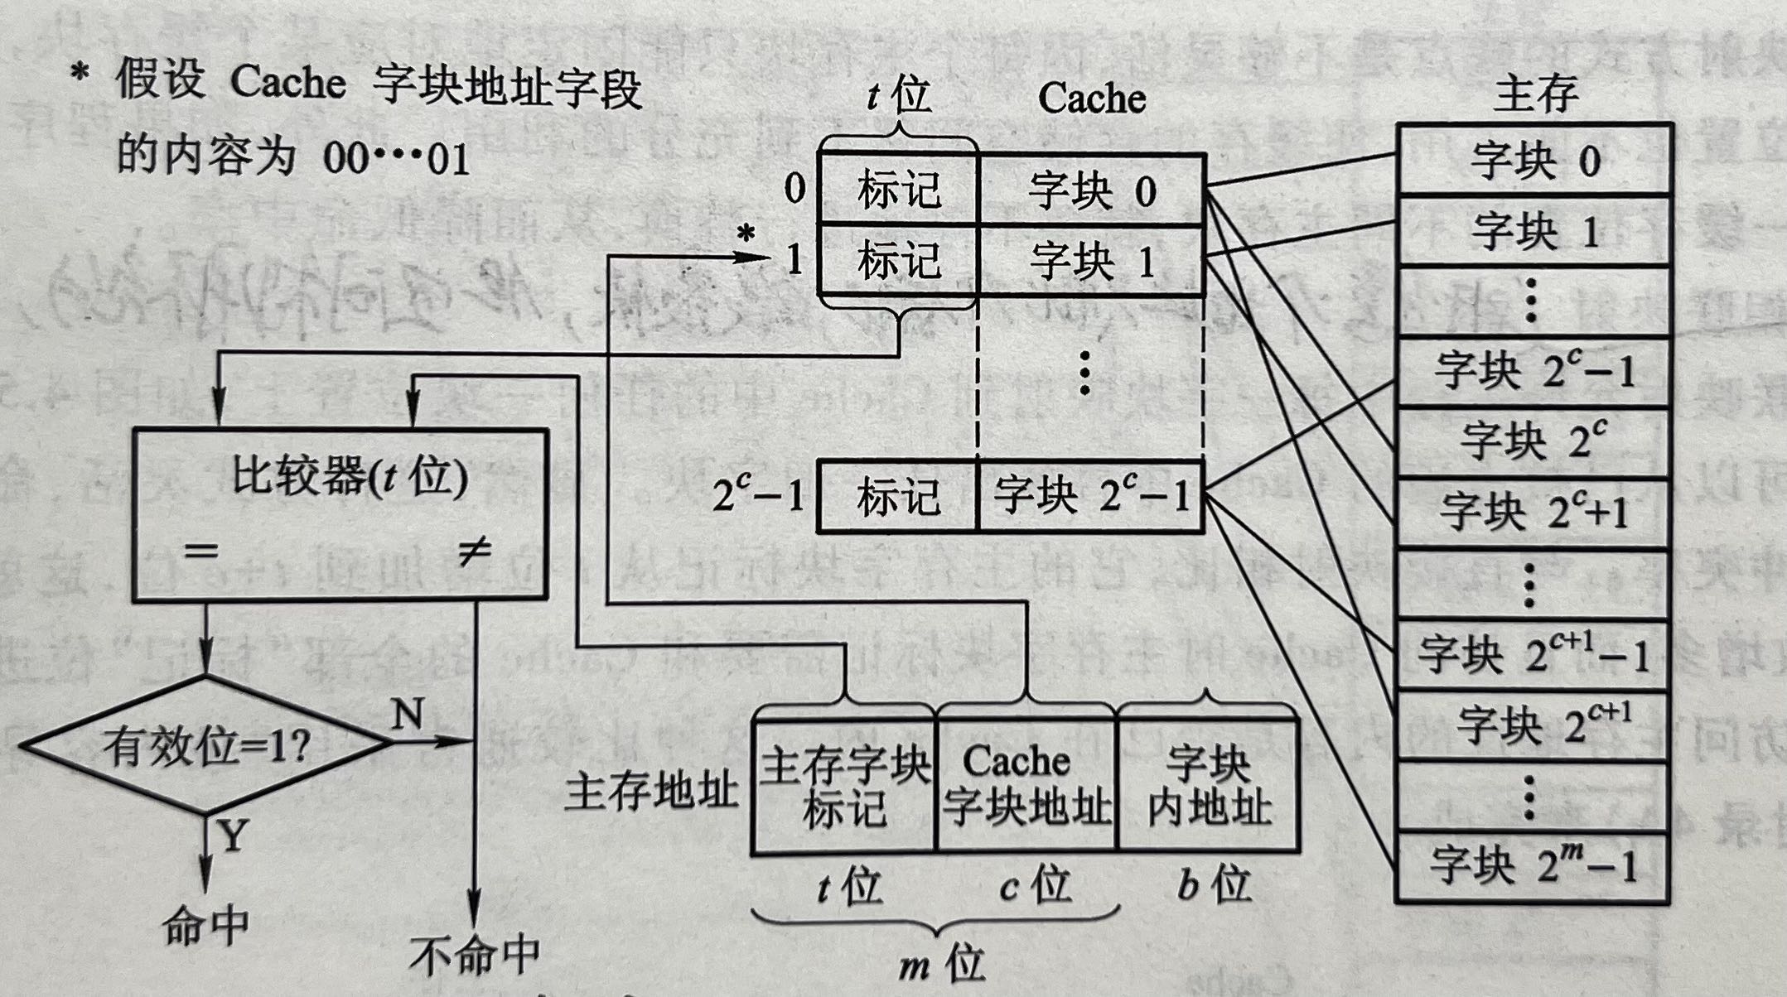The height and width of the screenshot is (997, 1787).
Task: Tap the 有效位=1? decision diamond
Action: (205, 745)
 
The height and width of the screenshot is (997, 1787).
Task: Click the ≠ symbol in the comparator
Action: (475, 551)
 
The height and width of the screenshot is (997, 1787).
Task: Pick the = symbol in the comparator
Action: (201, 551)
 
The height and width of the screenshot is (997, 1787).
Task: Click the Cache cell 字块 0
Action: (1091, 190)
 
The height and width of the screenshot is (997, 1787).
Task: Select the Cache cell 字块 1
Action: (1091, 262)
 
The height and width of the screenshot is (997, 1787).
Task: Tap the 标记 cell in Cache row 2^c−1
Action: (898, 497)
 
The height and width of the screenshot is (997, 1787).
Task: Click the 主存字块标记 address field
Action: (844, 786)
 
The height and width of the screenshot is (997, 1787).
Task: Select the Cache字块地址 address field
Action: (1026, 786)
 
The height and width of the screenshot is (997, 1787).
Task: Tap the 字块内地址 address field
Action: (1209, 786)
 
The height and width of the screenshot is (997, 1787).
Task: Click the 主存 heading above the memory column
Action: (1535, 94)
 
